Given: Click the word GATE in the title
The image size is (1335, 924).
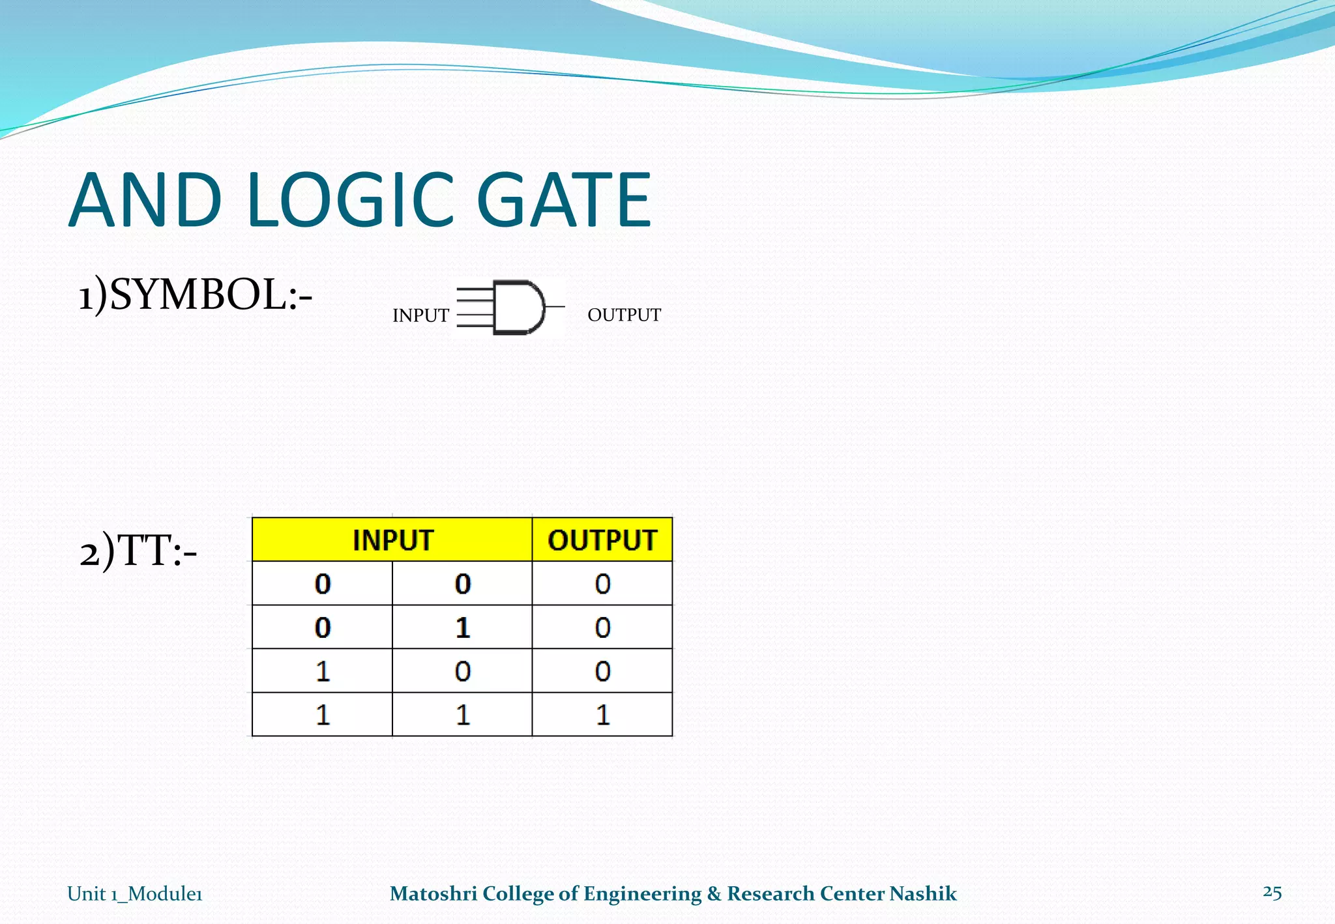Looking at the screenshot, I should point(564,200).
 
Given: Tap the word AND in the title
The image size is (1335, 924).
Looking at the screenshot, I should point(145,200).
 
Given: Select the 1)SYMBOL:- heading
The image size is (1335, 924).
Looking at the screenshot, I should point(196,295).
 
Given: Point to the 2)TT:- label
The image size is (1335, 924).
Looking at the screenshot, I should point(138,551).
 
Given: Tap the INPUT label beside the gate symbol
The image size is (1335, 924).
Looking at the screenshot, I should point(420,315).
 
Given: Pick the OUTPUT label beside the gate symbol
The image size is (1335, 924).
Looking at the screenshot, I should point(624,315).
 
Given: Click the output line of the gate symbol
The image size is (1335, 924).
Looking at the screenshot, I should point(555,306).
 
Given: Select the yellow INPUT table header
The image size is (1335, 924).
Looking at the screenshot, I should point(392,540).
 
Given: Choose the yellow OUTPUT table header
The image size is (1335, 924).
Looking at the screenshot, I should point(602,540).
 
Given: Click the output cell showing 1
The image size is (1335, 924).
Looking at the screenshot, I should point(602,715).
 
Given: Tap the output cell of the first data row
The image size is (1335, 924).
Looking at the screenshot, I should point(602,583).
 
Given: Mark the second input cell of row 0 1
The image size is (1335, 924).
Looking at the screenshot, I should point(462,628).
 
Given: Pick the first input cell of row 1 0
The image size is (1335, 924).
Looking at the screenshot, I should point(322,671).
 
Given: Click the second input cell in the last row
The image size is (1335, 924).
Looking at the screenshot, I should point(462,715).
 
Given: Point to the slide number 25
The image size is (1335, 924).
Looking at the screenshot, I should point(1272,892).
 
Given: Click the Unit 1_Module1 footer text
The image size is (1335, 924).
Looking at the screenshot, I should point(135,893).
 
